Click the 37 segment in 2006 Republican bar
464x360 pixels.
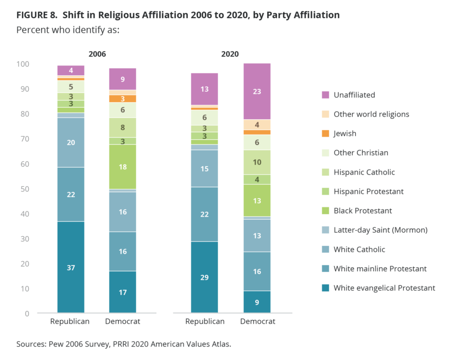click(71, 267)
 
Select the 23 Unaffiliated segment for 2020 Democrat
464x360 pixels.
click(257, 91)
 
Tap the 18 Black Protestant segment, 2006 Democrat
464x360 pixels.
click(123, 167)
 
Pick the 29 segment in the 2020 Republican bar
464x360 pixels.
click(204, 277)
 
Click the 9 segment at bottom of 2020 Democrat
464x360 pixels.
click(257, 302)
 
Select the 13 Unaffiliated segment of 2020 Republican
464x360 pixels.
click(204, 89)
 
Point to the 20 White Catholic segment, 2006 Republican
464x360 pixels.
click(71, 142)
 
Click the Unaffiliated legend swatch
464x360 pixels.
click(325, 95)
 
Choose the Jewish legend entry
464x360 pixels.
click(344, 134)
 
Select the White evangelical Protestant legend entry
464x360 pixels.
click(384, 288)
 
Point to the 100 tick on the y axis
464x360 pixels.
click(24, 64)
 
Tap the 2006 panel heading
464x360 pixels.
click(97, 54)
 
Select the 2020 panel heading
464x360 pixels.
click(230, 54)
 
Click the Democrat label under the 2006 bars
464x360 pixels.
click(123, 321)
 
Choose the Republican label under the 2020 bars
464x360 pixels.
click(204, 321)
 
